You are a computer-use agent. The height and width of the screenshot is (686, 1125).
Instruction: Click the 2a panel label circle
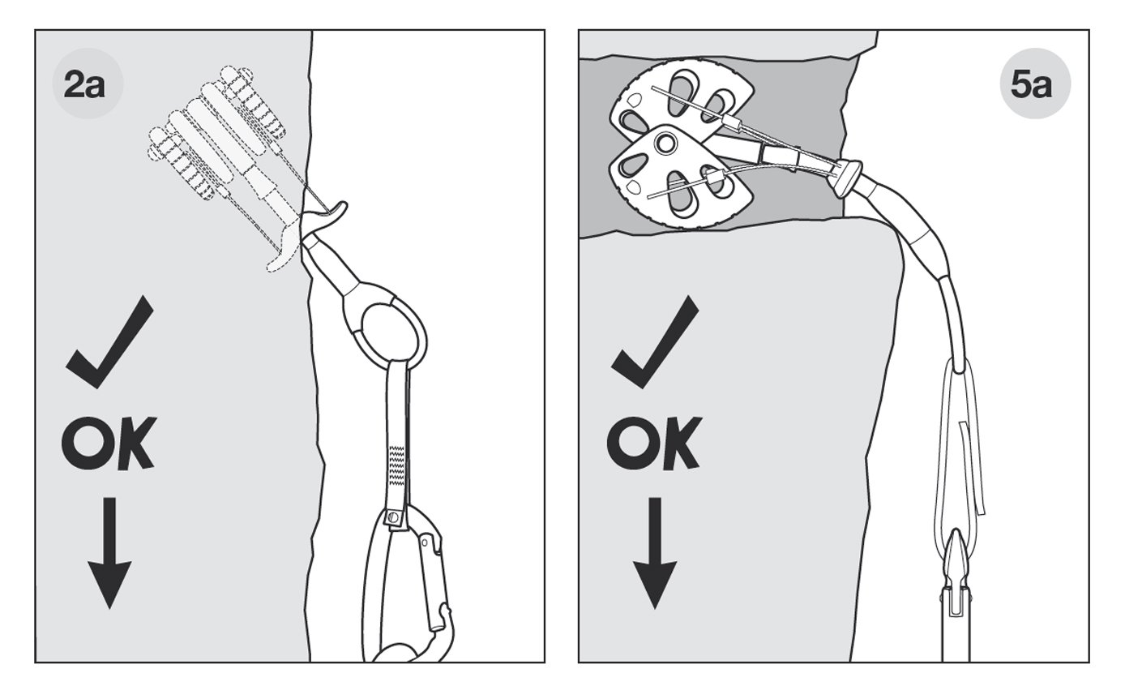[x=88, y=84]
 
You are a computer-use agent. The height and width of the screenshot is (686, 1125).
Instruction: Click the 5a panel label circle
[x=1035, y=84]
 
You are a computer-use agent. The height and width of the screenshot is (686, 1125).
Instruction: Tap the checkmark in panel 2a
[x=109, y=342]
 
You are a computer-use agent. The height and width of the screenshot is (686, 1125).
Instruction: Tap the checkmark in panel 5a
[x=654, y=342]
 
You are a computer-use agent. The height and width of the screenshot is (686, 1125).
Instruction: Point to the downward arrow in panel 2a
[x=109, y=553]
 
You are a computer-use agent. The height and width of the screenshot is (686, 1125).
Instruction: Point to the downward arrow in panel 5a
[x=655, y=553]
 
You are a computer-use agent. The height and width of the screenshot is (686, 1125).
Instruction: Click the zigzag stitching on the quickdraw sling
[x=397, y=463]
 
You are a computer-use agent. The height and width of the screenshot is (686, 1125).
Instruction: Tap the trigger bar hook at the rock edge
[x=327, y=210]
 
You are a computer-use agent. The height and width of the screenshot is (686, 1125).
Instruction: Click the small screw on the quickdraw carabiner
[x=394, y=517]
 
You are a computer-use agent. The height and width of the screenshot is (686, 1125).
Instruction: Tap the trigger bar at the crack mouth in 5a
[x=849, y=177]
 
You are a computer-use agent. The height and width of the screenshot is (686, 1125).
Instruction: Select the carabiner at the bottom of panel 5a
[x=956, y=603]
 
